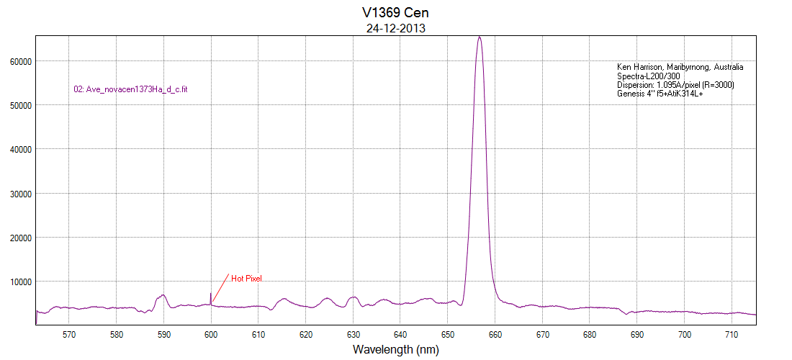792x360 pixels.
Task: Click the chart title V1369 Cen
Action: point(395,13)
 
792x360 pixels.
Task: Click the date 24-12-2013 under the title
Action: point(395,29)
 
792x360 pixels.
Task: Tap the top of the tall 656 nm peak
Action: point(480,37)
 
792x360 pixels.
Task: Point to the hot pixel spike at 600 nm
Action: point(211,295)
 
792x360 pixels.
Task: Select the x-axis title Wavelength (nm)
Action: point(395,349)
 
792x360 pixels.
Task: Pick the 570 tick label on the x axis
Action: point(69,335)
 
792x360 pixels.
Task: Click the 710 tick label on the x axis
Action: point(732,335)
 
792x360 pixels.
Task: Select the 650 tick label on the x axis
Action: point(448,335)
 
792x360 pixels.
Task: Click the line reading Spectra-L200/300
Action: point(649,76)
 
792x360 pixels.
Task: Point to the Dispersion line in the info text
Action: point(675,85)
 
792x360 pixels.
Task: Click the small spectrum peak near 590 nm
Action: point(163,295)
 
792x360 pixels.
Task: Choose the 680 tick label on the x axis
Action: point(590,335)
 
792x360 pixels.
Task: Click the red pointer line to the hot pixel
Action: point(220,287)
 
